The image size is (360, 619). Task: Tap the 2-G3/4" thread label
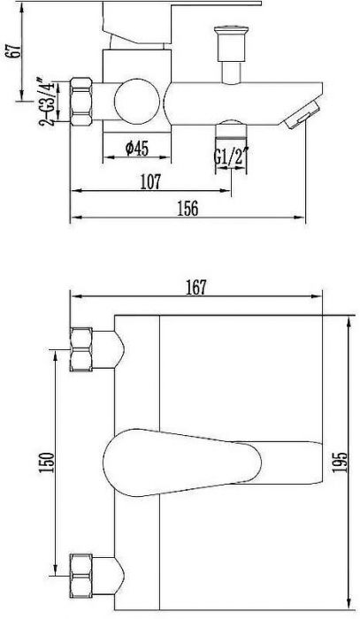tap(46, 101)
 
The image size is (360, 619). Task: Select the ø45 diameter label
tap(137, 149)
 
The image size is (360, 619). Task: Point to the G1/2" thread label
tap(231, 157)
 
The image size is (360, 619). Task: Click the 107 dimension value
tap(150, 182)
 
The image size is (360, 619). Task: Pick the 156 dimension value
tap(188, 209)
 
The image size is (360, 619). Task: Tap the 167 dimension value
tap(196, 287)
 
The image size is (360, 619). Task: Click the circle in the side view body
tap(137, 101)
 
